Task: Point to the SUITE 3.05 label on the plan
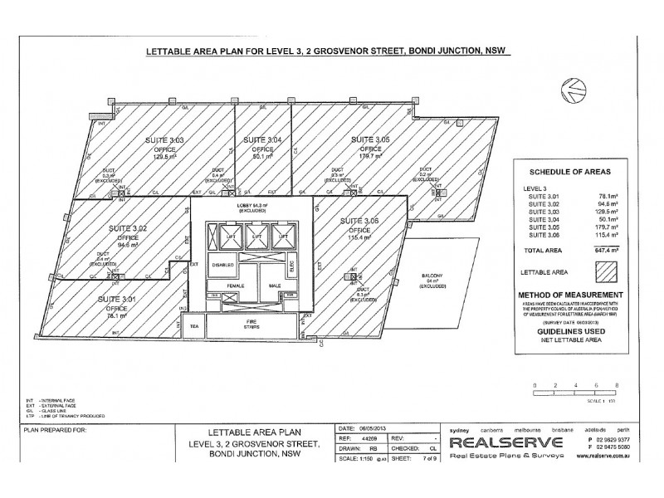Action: click(369, 138)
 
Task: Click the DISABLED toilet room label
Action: click(223, 265)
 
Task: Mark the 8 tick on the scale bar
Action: click(616, 386)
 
